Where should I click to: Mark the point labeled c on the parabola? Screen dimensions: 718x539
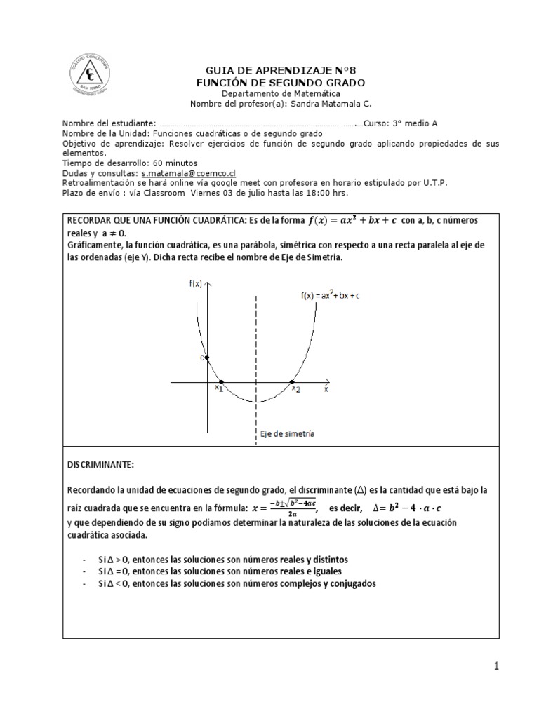click(x=206, y=357)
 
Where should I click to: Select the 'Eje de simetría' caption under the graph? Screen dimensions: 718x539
click(x=286, y=433)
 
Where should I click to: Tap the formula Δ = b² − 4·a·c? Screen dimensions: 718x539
click(x=416, y=508)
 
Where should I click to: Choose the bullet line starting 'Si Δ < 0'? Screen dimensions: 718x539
click(x=237, y=583)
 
